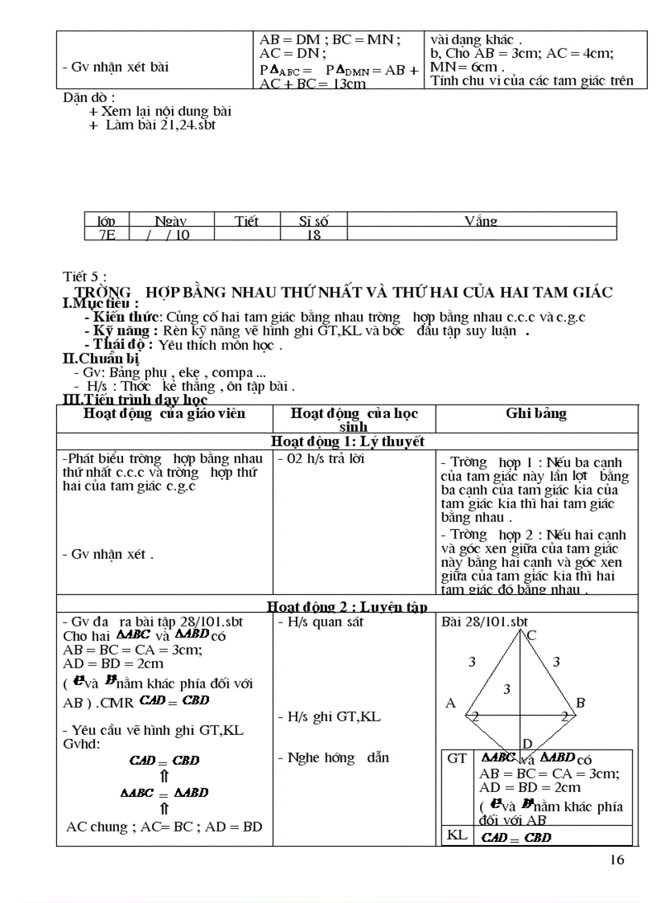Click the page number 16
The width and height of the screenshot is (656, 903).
(x=617, y=860)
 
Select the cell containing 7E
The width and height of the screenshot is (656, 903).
(x=106, y=234)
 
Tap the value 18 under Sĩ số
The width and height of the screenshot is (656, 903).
(x=314, y=234)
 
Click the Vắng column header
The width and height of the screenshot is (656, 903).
(x=481, y=220)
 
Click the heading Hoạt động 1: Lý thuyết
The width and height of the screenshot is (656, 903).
(x=347, y=441)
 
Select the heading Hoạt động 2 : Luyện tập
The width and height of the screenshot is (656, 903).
(x=347, y=606)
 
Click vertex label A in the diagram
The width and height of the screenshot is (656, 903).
(x=450, y=703)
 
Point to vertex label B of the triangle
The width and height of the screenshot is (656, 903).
(x=580, y=703)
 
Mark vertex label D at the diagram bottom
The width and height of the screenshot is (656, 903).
(x=527, y=743)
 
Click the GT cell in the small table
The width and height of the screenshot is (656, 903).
(x=457, y=758)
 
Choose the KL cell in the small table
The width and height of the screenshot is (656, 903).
(x=457, y=835)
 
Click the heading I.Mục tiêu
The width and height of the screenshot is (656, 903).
(x=100, y=303)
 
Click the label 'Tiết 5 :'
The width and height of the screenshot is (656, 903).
(x=84, y=277)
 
